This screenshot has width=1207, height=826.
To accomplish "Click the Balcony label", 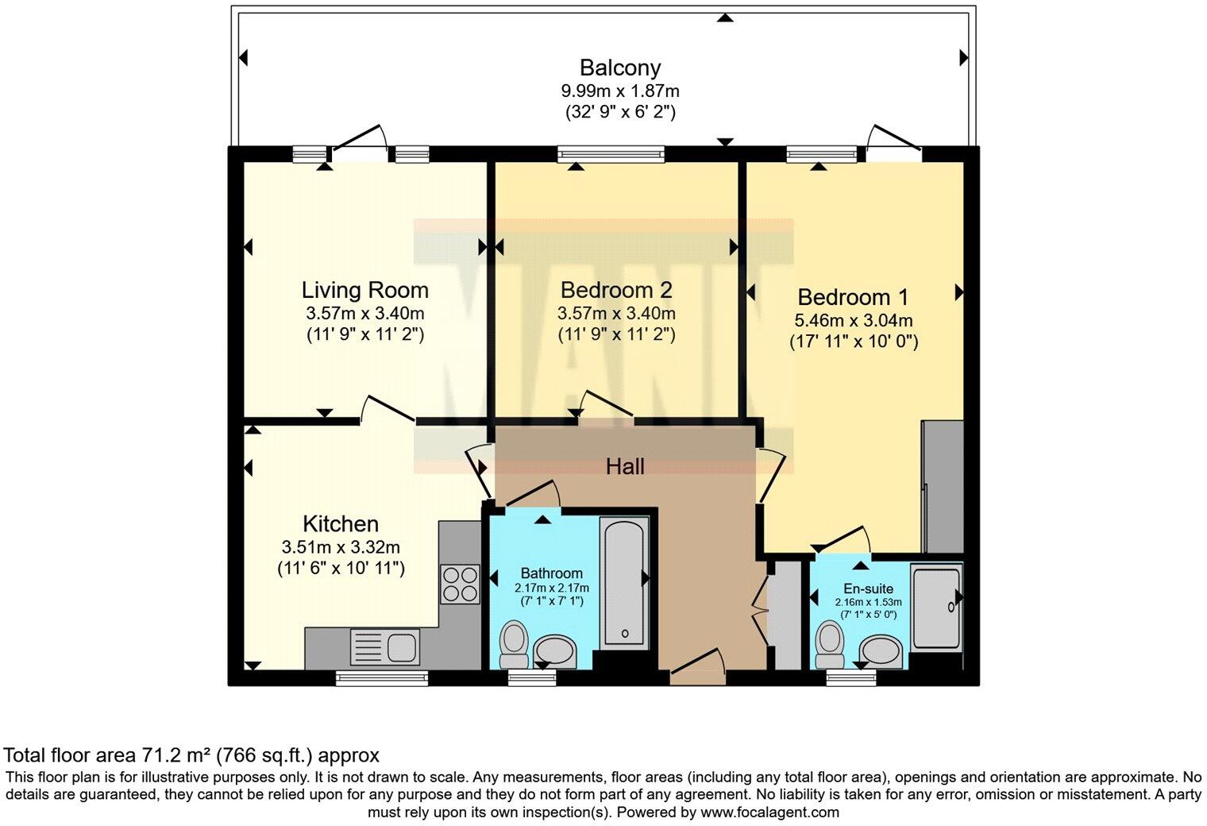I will pyautogui.click(x=619, y=68).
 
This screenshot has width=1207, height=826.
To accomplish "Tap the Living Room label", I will pyautogui.click(x=364, y=290).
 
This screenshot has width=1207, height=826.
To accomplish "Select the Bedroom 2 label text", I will pyautogui.click(x=616, y=289).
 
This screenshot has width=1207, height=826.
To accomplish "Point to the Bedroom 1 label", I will pyautogui.click(x=853, y=297).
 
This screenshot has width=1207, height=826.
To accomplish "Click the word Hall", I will pyautogui.click(x=625, y=467).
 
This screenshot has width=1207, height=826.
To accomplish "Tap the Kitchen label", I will pyautogui.click(x=341, y=524).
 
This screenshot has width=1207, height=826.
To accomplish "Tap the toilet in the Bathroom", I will pyautogui.click(x=515, y=643).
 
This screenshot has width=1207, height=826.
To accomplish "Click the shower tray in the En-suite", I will pyautogui.click(x=936, y=607).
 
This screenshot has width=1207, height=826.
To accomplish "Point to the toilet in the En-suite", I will pyautogui.click(x=831, y=643).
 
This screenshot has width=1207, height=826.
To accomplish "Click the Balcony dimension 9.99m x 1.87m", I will pyautogui.click(x=619, y=91).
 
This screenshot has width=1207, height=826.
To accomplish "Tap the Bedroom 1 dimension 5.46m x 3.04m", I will pyautogui.click(x=853, y=321).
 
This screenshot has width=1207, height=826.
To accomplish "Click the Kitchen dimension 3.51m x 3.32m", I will pyautogui.click(x=341, y=547).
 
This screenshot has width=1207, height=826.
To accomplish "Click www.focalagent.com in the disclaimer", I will pyautogui.click(x=768, y=812).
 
